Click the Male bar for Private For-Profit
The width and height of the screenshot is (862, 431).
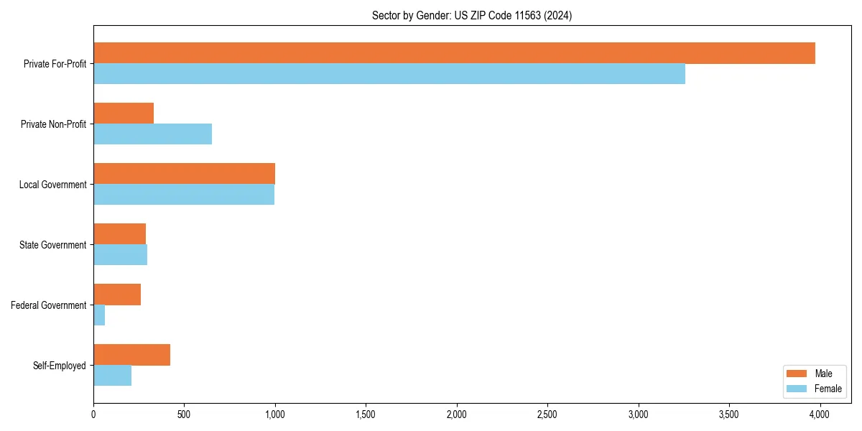[454, 53]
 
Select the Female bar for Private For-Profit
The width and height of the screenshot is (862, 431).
[389, 74]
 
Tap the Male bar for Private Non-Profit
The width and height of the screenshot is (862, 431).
[124, 113]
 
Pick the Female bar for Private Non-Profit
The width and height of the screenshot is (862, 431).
[152, 134]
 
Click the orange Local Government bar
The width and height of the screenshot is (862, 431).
[184, 174]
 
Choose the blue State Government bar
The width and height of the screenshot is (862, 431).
[120, 255]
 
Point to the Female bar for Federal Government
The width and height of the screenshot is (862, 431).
[99, 315]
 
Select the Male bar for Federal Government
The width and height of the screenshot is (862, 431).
[117, 295]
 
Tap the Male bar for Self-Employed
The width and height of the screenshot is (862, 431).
[131, 355]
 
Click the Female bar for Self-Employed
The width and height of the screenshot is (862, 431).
[112, 376]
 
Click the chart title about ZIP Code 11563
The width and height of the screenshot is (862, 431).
[472, 16]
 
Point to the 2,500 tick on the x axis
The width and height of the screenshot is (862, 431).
[547, 414]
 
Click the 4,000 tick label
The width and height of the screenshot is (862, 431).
[820, 414]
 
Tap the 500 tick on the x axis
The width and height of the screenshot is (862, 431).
[184, 414]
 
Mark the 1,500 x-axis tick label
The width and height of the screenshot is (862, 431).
[366, 414]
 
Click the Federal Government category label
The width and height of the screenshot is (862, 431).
[49, 305]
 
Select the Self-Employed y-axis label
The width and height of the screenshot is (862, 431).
[60, 366]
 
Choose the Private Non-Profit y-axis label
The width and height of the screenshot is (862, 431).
[53, 124]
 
